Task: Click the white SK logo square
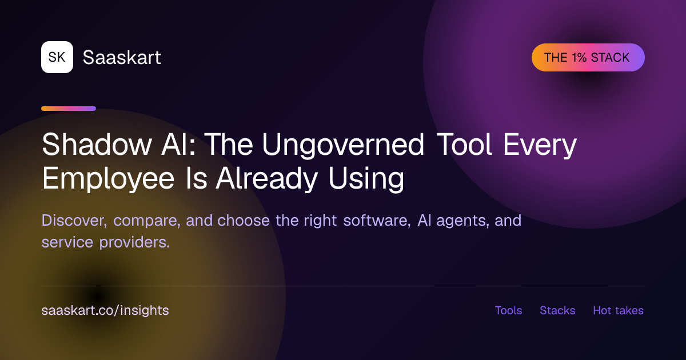(x=57, y=57)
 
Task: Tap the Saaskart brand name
(x=122, y=57)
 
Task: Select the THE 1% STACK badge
(x=588, y=58)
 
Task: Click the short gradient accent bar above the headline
(x=69, y=109)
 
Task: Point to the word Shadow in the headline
(x=97, y=144)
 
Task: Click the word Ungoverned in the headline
(x=344, y=145)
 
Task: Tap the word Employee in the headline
(x=108, y=179)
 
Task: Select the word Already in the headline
(x=267, y=179)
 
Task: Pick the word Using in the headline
(x=366, y=179)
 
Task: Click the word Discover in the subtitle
(x=74, y=221)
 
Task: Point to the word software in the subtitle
(x=377, y=221)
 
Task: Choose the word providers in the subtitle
(x=134, y=242)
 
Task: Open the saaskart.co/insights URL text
(x=105, y=310)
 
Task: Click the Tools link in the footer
(x=508, y=310)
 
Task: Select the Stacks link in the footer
(x=557, y=310)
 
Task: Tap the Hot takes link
(x=619, y=310)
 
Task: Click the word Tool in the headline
(x=464, y=144)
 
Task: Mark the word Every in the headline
(x=540, y=145)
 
